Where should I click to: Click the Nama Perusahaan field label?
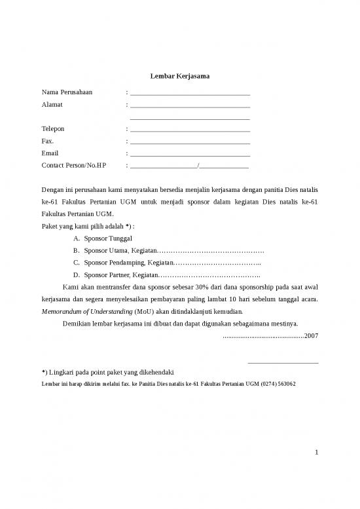67,92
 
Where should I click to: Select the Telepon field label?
53,129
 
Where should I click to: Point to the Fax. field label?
48,141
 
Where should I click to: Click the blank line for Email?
190,155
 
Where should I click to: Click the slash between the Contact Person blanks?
198,166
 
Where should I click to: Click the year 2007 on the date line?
312,335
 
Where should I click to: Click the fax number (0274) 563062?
277,383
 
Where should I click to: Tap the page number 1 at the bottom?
315,452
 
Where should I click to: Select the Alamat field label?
51,105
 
